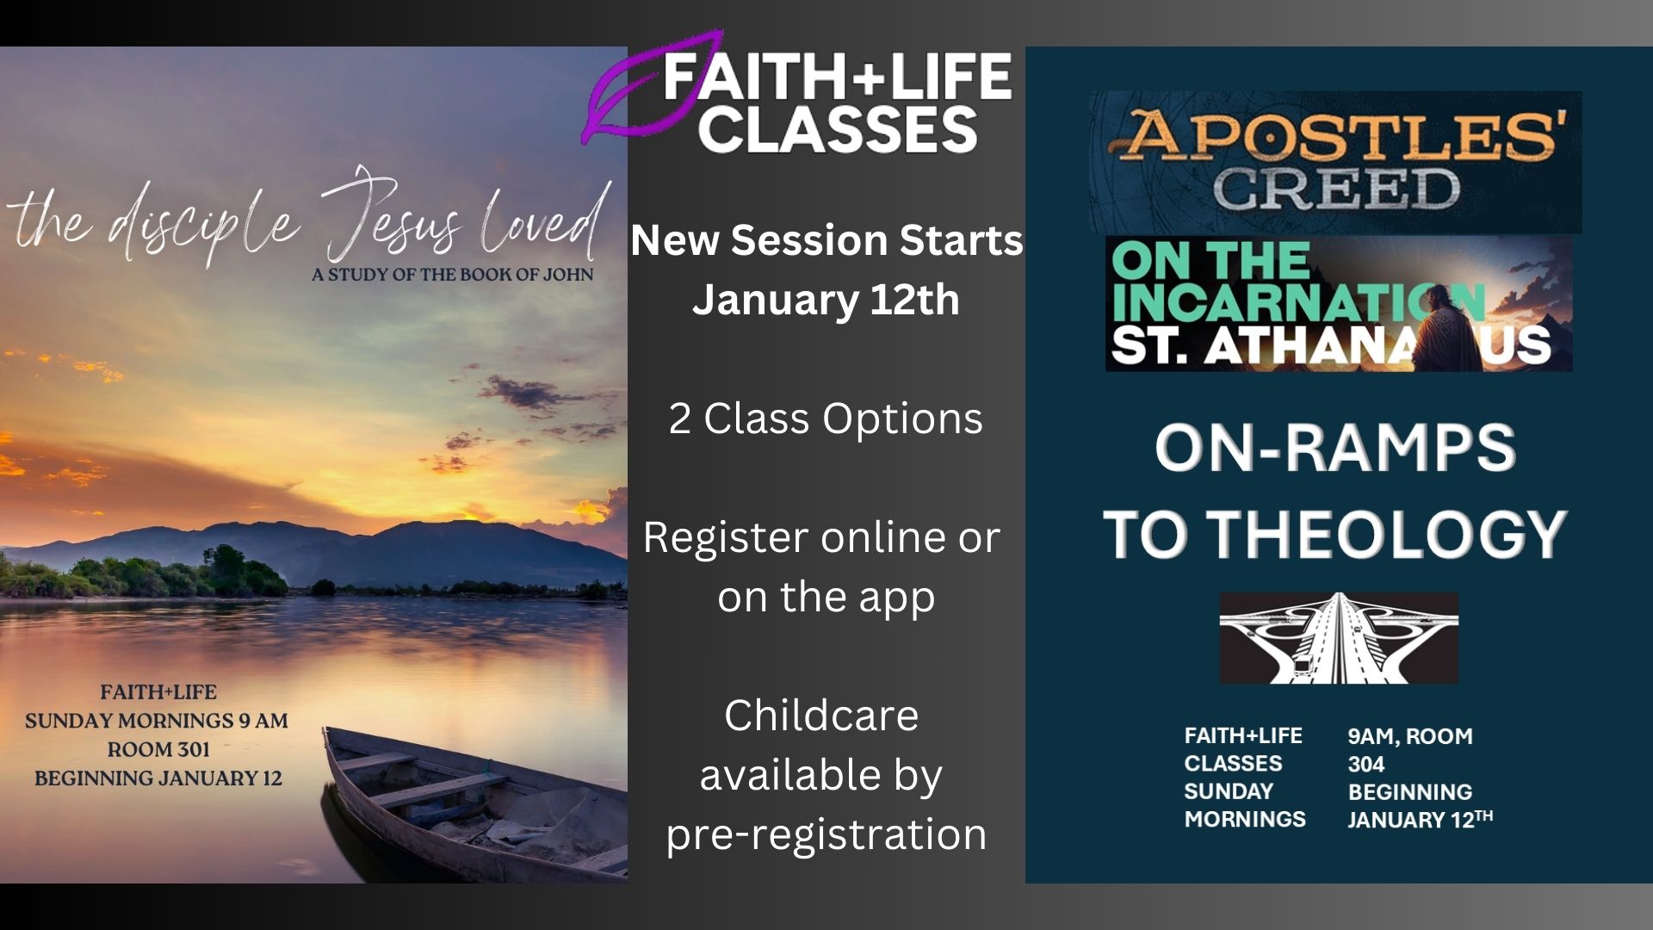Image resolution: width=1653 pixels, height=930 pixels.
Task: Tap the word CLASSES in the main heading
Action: (838, 129)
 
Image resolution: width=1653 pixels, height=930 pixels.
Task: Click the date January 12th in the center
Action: (826, 300)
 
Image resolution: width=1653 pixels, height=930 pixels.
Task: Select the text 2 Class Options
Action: (826, 418)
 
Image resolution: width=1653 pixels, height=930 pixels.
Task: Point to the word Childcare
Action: (821, 715)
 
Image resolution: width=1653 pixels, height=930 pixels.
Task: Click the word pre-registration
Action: (826, 834)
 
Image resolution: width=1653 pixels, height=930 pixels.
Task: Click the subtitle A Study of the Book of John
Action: (453, 275)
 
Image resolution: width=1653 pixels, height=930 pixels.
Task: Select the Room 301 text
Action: (158, 749)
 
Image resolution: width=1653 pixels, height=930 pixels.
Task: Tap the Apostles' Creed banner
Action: (1335, 162)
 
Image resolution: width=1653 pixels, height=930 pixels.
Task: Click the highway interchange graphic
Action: (1339, 638)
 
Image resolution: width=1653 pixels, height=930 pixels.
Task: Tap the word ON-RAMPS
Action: (1335, 449)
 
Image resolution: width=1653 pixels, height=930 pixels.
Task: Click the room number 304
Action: (1366, 764)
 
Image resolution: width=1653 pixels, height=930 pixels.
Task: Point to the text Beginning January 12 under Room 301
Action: (158, 778)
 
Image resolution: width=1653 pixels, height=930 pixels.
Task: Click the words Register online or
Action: (821, 537)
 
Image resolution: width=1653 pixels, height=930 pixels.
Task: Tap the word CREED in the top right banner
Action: (1336, 189)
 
